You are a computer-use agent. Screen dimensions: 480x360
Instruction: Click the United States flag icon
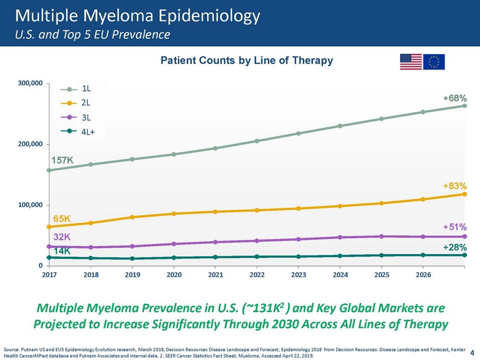coord(411,62)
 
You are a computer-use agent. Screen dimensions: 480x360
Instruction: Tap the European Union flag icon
coord(434,62)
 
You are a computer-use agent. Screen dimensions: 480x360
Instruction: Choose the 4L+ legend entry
coord(78,132)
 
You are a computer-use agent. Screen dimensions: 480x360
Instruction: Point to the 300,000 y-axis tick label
coord(30,83)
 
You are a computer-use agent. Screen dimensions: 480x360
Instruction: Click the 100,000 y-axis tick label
coord(30,205)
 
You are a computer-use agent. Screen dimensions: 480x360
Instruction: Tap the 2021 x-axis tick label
coord(216,275)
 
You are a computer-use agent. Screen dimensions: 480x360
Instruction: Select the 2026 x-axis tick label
coord(423,275)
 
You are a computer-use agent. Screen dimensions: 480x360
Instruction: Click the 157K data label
coord(62,160)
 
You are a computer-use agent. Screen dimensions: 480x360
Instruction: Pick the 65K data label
coord(62,219)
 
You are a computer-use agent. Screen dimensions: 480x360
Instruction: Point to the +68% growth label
coord(455,99)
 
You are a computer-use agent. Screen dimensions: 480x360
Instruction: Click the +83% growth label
coord(455,186)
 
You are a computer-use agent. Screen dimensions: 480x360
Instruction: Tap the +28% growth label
coord(455,248)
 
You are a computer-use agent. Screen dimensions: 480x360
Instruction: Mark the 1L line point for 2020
coord(174,155)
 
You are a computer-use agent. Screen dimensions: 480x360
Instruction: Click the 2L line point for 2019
coord(132,217)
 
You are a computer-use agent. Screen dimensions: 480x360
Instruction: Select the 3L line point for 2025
coord(381,236)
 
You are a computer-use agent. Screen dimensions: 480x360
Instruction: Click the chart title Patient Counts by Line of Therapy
coord(247,60)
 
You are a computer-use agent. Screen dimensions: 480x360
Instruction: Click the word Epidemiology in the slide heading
coord(210,16)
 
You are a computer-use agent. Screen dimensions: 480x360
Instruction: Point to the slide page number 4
coord(472,353)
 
